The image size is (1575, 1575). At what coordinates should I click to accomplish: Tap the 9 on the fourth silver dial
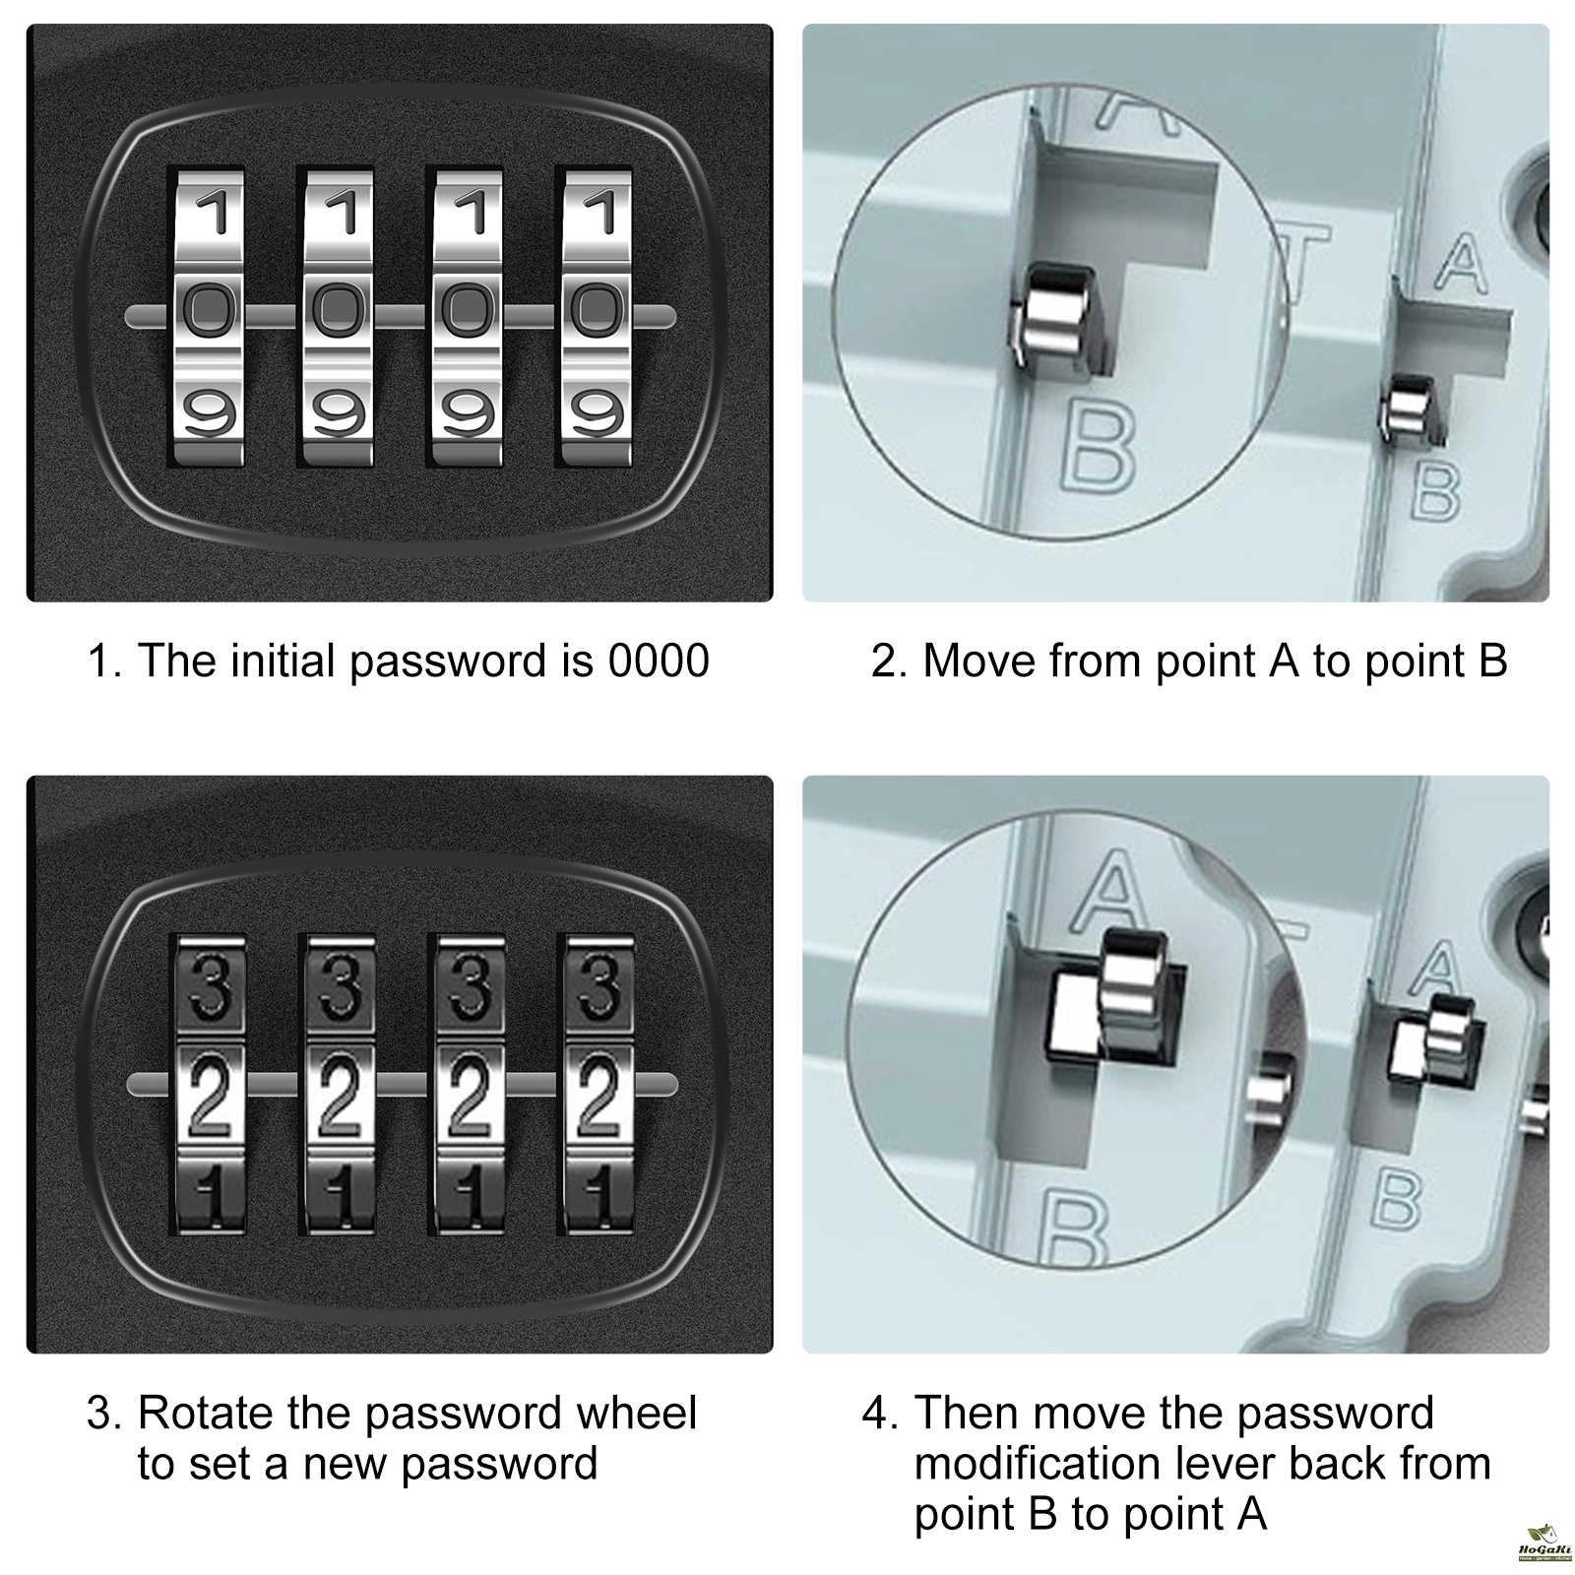[x=597, y=411]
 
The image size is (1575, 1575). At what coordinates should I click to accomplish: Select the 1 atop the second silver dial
[x=340, y=212]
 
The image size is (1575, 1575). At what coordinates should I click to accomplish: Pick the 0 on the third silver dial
[x=468, y=312]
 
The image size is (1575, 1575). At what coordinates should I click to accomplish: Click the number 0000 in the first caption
[x=659, y=661]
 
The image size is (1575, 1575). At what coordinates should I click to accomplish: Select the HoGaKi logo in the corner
[x=1542, y=1544]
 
